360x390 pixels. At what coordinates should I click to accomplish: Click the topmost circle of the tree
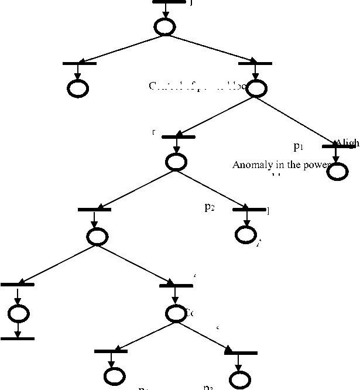164,26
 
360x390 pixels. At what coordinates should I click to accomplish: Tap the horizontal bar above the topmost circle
169,2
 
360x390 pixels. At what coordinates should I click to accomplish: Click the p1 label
299,146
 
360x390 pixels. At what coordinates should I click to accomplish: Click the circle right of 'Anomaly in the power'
337,171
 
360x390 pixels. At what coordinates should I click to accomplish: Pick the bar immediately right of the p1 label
338,146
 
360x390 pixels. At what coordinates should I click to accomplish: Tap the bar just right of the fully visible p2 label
249,209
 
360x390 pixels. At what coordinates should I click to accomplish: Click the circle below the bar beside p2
245,234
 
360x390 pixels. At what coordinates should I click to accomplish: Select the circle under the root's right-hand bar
256,88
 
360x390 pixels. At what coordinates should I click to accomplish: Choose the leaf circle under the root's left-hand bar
78,88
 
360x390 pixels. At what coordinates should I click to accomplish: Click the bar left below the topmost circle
79,63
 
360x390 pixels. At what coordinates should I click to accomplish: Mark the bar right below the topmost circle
255,63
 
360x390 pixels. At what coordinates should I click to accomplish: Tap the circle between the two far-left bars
18,313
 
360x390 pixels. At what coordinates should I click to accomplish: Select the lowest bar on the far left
18,338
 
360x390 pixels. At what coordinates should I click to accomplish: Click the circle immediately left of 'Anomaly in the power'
176,162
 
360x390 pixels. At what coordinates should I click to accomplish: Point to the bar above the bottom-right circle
241,353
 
